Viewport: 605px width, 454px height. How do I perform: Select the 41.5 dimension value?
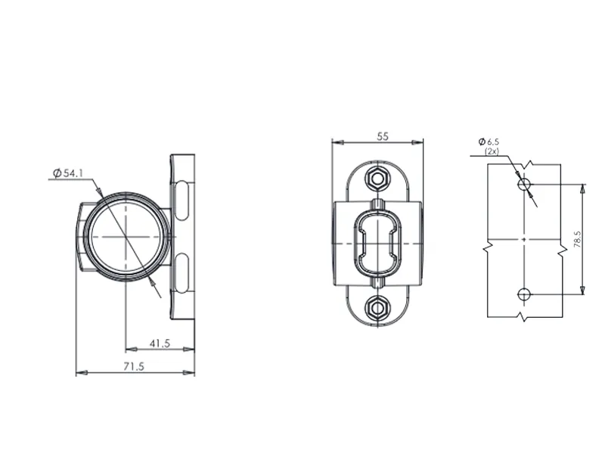159,344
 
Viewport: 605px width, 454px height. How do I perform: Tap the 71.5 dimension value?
133,366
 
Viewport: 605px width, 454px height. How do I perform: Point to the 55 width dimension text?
382,136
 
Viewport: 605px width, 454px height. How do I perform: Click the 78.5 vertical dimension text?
577,240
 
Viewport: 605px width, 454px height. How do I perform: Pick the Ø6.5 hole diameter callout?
489,141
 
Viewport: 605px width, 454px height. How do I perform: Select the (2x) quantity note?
492,151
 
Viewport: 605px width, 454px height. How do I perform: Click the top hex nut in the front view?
376,179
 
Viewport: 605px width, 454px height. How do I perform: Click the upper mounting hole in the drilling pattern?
523,184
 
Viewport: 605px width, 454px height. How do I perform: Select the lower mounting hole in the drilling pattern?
523,294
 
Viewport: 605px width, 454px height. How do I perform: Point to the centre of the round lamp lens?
122,236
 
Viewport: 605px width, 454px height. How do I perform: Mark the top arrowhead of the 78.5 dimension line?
582,187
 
